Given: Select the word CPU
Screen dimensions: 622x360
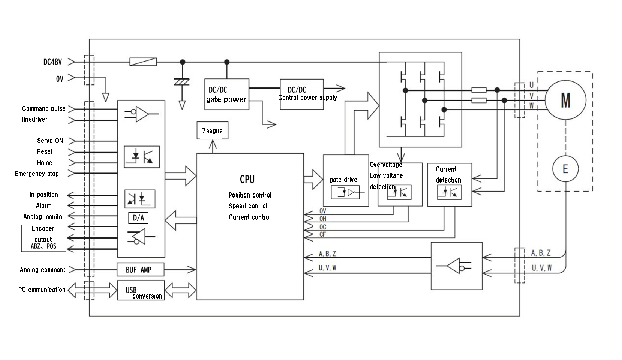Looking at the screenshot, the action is pyautogui.click(x=247, y=180).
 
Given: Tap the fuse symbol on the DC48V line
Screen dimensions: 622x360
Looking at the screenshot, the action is pyautogui.click(x=143, y=61).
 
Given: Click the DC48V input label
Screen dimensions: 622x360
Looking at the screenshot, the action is pyautogui.click(x=52, y=62).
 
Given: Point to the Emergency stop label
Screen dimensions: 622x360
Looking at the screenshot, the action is pyautogui.click(x=37, y=174).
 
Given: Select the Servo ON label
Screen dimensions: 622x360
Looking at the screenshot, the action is pyautogui.click(x=50, y=141).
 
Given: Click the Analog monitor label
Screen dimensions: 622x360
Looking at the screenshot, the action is pyautogui.click(x=43, y=217).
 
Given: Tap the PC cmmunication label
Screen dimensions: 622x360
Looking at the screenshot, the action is pyautogui.click(x=42, y=290).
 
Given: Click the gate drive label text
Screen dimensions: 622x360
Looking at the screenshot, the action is pyautogui.click(x=343, y=180).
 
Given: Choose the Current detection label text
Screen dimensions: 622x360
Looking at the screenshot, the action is pyautogui.click(x=448, y=175).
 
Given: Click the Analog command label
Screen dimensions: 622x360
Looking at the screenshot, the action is pyautogui.click(x=43, y=270).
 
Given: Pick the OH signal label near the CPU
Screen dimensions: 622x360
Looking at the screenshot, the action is pyautogui.click(x=323, y=219).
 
